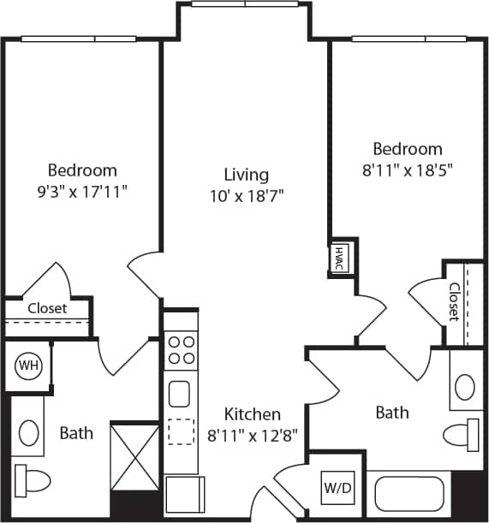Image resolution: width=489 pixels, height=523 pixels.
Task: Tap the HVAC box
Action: point(339,255)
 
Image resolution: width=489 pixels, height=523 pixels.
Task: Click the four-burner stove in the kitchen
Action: point(182,350)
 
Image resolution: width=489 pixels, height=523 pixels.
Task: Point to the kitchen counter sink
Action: point(180,394)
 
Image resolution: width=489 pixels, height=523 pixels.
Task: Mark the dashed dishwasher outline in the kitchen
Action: point(181,431)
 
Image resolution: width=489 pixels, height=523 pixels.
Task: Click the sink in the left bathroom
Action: point(28,432)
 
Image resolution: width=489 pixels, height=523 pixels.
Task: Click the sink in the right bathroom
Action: point(465,388)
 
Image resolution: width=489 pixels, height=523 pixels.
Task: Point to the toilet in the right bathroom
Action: point(463,434)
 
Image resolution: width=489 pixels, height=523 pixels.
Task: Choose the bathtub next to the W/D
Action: point(409,493)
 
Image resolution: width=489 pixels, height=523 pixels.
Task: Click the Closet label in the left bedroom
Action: point(47,308)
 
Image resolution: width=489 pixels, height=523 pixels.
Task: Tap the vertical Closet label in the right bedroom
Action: point(455,301)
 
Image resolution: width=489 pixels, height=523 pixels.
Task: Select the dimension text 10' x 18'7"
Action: point(247,195)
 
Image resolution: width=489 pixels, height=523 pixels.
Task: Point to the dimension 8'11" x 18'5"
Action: point(407,169)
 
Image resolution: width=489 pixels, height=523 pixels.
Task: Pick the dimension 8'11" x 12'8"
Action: point(253,434)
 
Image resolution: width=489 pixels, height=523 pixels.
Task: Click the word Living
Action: point(247,175)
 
